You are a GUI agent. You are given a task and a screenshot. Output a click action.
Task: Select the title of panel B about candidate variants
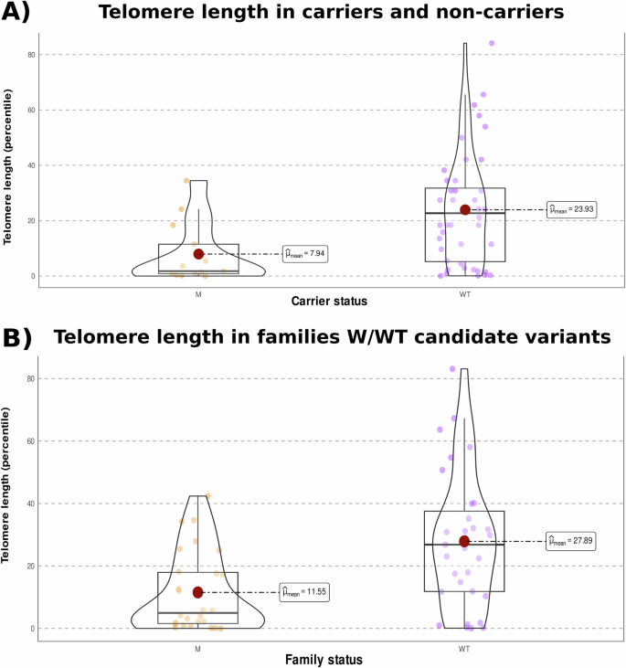(331, 337)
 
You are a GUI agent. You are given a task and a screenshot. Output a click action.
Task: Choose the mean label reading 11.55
(303, 592)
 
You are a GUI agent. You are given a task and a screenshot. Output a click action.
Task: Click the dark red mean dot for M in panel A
(198, 254)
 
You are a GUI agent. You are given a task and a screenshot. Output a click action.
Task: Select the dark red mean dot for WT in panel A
(465, 209)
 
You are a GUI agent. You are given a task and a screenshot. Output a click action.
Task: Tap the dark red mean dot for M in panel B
(197, 592)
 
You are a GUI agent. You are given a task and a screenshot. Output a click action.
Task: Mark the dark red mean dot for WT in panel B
(464, 541)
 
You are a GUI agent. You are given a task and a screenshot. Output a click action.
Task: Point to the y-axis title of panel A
(10, 166)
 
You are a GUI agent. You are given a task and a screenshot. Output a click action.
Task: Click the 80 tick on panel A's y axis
(30, 55)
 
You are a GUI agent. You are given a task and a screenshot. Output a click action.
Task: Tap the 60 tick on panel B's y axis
(30, 440)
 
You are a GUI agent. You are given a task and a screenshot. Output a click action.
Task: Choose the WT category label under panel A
(464, 295)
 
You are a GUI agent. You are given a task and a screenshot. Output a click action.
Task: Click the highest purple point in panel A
(492, 43)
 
